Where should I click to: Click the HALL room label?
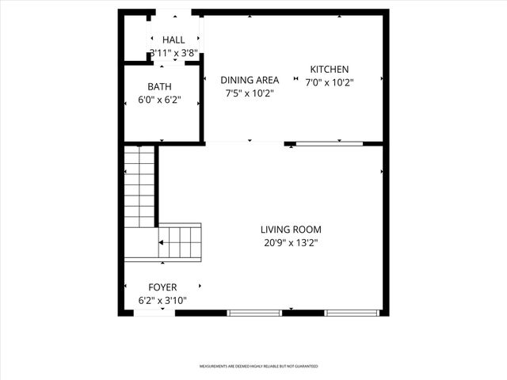click(x=173, y=40)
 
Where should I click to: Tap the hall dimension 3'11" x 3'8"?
click(x=173, y=54)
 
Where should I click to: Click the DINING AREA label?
click(x=250, y=80)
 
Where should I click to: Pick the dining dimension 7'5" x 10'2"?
click(x=250, y=93)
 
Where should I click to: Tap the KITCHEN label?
click(x=329, y=70)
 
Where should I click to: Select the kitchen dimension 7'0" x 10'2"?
click(x=329, y=82)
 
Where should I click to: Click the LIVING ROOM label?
click(x=291, y=230)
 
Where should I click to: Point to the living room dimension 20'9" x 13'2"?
click(x=291, y=243)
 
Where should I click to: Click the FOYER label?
click(x=162, y=287)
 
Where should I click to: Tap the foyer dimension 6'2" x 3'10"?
click(x=162, y=301)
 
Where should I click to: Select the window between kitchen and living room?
click(x=330, y=143)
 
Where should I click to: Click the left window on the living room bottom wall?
click(x=255, y=313)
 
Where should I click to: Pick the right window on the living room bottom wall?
click(x=353, y=313)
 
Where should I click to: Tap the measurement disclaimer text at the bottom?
click(x=258, y=367)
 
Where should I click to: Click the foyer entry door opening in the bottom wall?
click(x=154, y=313)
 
